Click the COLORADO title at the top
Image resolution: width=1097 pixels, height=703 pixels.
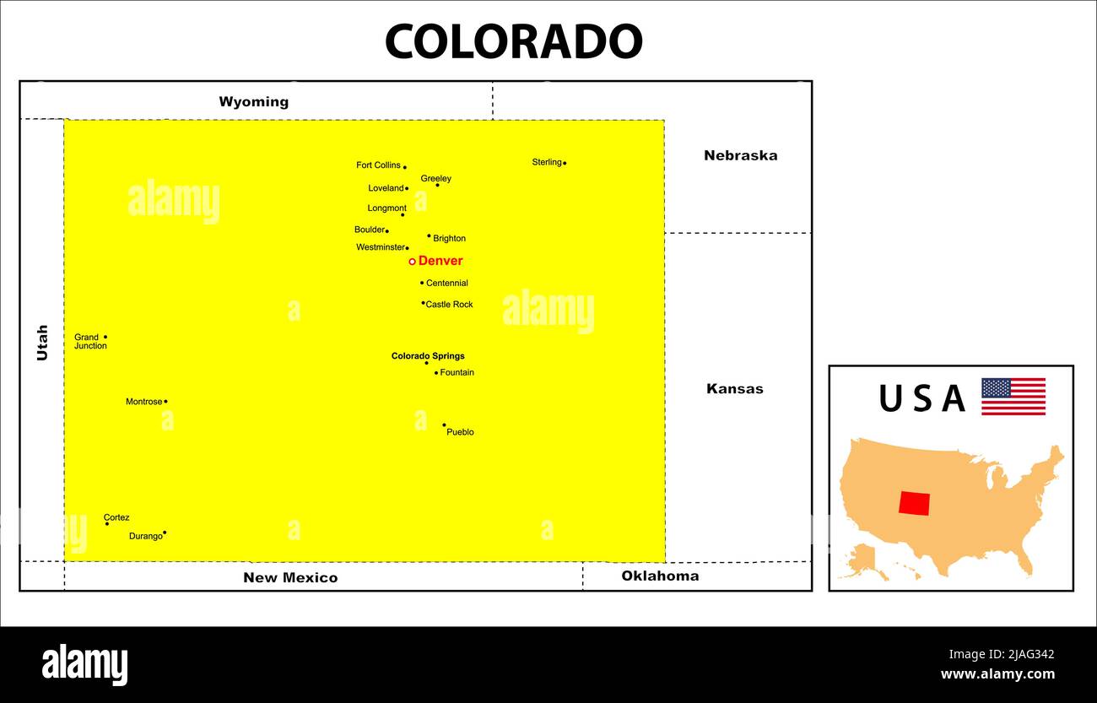coord(513,41)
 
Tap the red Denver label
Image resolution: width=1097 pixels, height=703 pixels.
coord(440,261)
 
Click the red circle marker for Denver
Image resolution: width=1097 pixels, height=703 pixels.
coord(412,262)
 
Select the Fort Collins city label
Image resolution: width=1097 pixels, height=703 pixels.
coord(378,165)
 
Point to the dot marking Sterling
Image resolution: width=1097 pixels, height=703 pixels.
coord(565,163)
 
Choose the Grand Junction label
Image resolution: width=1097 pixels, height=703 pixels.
coord(90,342)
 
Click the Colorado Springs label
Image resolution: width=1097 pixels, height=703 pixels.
coord(428,356)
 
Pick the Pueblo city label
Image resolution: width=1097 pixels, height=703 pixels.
coord(460,432)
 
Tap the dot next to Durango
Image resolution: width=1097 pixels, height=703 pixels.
coord(165,533)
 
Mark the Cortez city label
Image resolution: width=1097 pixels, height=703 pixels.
coord(116,517)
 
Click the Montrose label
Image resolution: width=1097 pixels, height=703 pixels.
coord(143,402)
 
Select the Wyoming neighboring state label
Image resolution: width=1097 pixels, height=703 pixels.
coord(253,102)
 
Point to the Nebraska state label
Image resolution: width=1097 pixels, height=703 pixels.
coord(740,155)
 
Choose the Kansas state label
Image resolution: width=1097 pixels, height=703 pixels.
coord(734,389)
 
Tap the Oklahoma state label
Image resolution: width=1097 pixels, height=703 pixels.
coord(660,576)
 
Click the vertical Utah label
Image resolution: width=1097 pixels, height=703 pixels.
coord(42,343)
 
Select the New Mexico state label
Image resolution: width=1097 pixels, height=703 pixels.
coord(290,578)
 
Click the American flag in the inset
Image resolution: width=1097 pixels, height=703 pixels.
coord(1013,397)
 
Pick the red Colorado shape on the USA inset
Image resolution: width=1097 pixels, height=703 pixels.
coord(914,503)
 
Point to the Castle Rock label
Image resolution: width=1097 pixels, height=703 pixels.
coord(449,305)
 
